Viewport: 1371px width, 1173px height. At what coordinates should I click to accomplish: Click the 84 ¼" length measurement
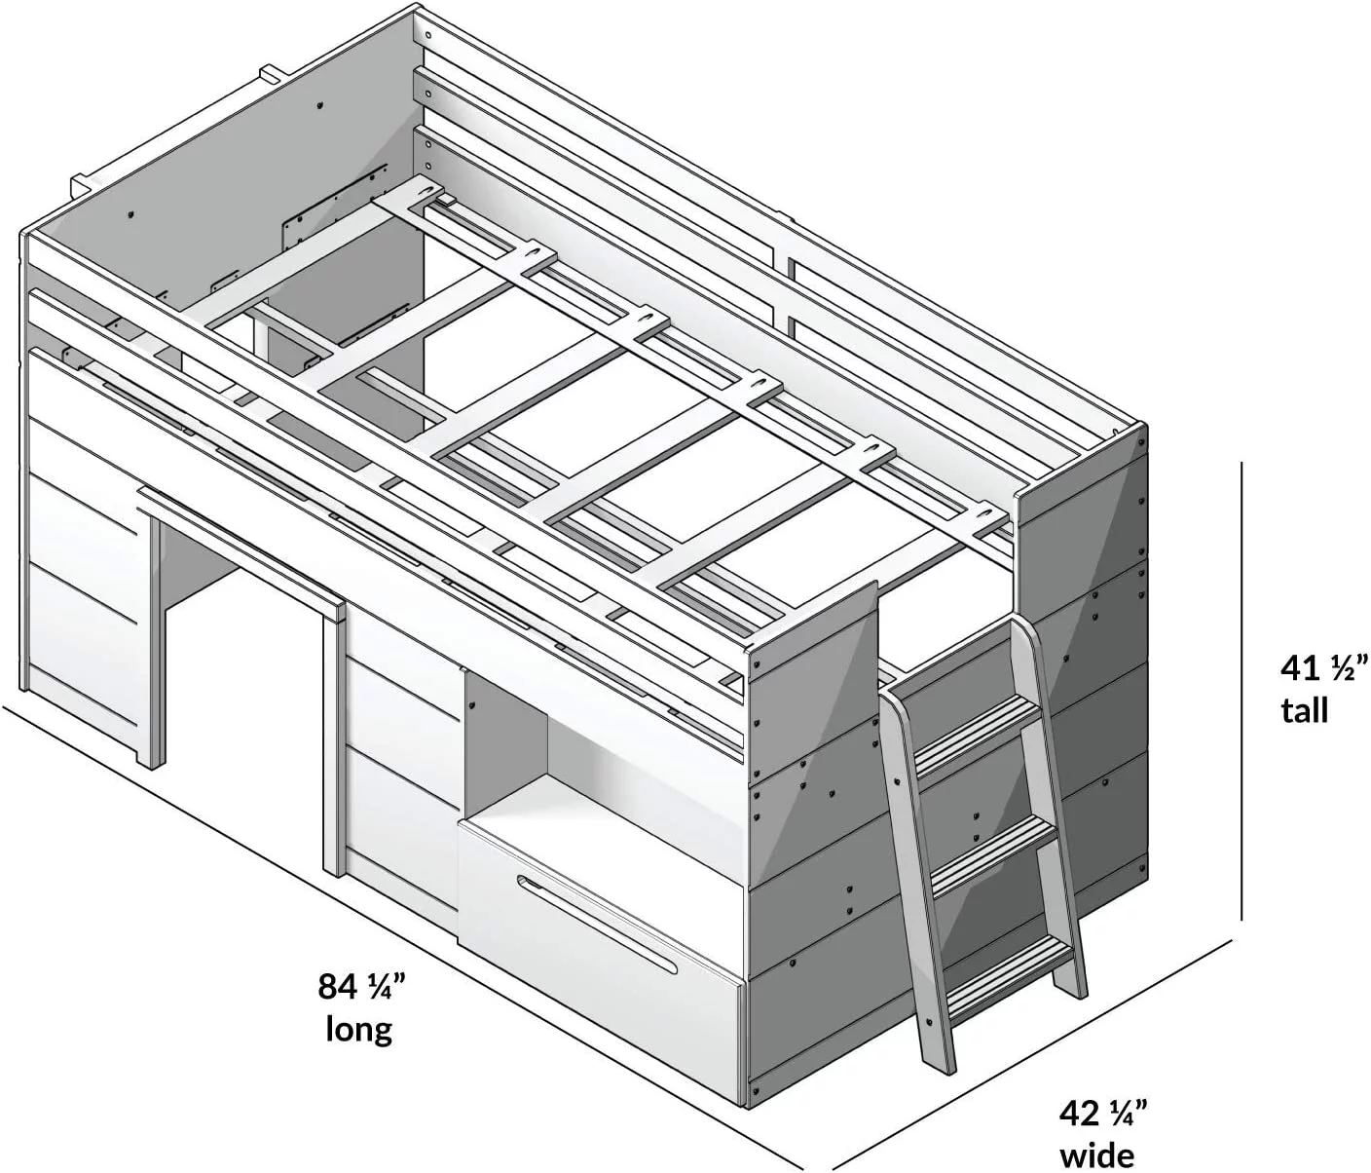click(361, 987)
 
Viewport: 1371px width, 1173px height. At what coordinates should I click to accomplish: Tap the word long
click(359, 1031)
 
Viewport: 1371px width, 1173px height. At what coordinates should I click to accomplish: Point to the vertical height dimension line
click(1241, 692)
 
